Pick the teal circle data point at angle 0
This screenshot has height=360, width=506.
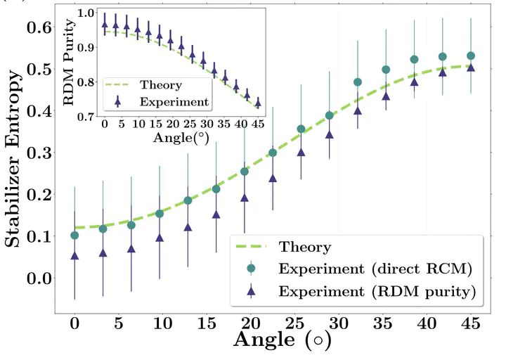pos(74,235)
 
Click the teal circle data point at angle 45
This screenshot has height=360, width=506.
pos(470,56)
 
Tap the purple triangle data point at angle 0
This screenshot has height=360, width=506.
pos(74,256)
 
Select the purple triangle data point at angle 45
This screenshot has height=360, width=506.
pos(470,68)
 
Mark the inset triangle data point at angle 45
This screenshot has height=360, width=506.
pos(257,103)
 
